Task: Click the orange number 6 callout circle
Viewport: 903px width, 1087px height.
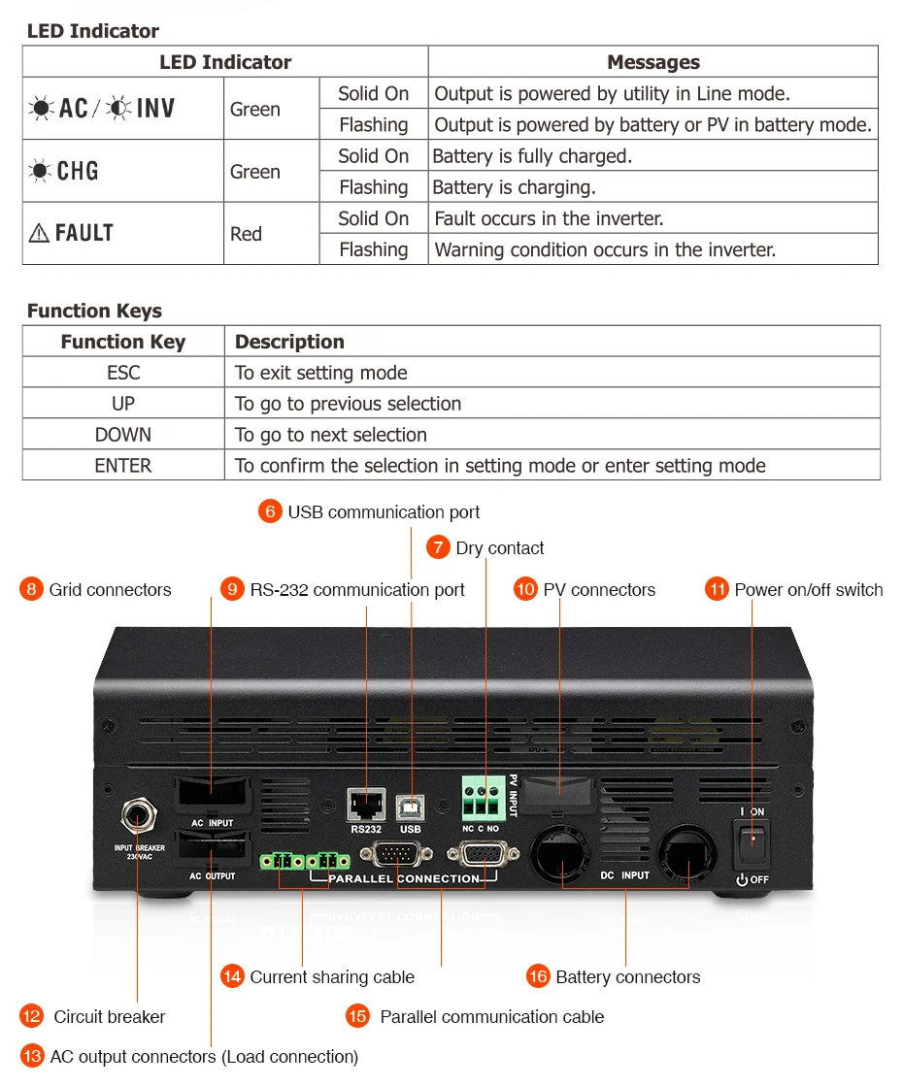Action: (x=270, y=511)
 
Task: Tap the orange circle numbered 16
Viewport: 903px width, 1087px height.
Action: (x=538, y=976)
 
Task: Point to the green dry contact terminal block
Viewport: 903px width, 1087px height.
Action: (x=480, y=802)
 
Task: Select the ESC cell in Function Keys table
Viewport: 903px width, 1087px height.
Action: (x=123, y=373)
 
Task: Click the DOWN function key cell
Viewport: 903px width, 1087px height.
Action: (x=123, y=435)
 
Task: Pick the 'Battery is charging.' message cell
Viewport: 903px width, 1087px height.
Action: (x=514, y=187)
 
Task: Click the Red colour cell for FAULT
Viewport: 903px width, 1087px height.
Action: (x=247, y=234)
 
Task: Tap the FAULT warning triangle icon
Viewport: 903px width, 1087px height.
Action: (x=39, y=234)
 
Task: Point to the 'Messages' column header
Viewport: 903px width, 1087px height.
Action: (x=652, y=62)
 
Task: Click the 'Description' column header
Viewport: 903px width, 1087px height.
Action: (x=289, y=342)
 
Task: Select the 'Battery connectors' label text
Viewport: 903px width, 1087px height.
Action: (x=627, y=977)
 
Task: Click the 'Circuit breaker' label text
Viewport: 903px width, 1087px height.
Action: (x=109, y=1017)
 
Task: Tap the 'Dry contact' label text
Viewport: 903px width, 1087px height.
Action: (x=500, y=548)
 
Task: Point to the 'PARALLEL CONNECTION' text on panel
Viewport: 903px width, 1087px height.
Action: (x=404, y=878)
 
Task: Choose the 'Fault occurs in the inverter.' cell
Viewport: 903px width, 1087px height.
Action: (x=549, y=218)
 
